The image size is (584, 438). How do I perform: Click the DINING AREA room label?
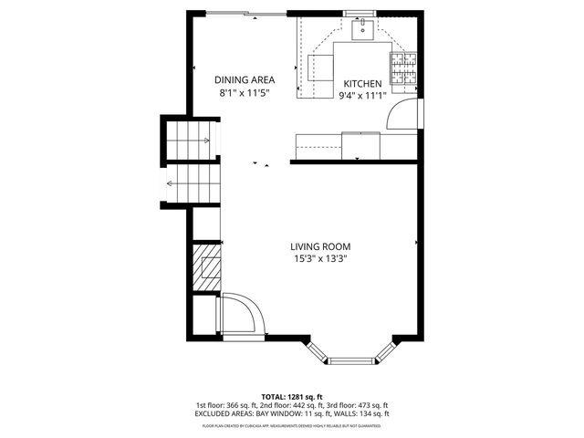pos(244,78)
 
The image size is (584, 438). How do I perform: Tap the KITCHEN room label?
pos(361,82)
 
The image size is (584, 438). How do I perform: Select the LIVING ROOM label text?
pos(320,246)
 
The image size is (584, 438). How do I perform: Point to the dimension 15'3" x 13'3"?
pos(320,259)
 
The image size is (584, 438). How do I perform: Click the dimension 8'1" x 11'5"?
pos(244,93)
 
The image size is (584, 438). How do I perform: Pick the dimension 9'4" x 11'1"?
pos(361,95)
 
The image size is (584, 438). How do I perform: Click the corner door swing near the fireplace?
pos(241,315)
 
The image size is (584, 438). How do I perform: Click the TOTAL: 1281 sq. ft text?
pos(291,397)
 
